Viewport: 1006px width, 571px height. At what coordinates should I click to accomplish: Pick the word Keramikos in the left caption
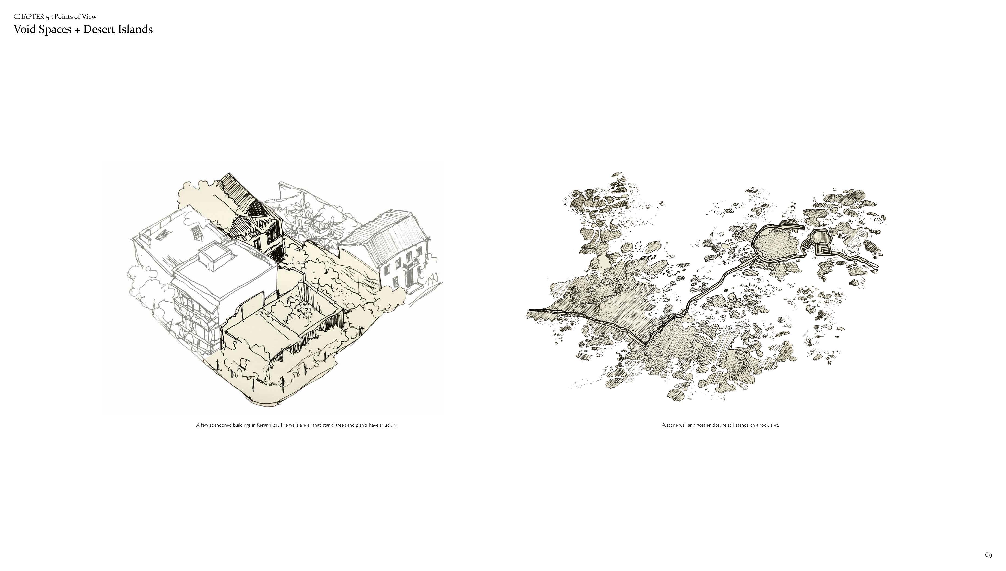pos(268,425)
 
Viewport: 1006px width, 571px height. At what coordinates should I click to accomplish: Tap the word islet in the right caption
pos(773,425)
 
